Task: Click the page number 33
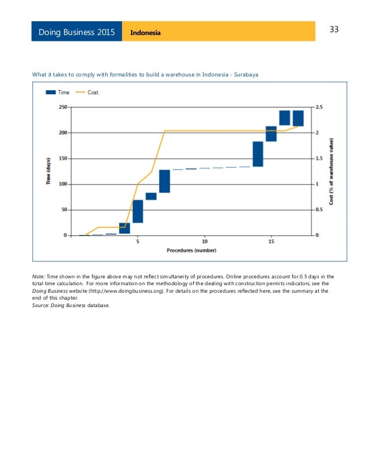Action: tap(334, 30)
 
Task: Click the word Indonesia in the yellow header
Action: tap(146, 32)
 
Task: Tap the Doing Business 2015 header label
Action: tap(77, 32)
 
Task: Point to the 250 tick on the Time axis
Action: tap(61, 107)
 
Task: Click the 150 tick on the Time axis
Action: tap(61, 159)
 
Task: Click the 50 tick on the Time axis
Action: tap(63, 210)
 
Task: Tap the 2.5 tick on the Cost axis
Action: tap(319, 107)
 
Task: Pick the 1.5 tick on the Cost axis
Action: tap(319, 159)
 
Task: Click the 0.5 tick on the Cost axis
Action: tap(319, 210)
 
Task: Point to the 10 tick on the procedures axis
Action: tap(205, 242)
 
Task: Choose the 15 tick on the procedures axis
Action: tap(272, 242)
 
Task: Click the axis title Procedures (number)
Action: tap(192, 251)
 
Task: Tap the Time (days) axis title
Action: tap(49, 171)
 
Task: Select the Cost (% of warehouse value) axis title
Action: tap(331, 171)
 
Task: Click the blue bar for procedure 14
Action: tap(258, 154)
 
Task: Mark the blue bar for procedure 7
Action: tap(165, 181)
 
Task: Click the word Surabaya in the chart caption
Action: tap(253, 74)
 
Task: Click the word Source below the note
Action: tap(41, 305)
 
